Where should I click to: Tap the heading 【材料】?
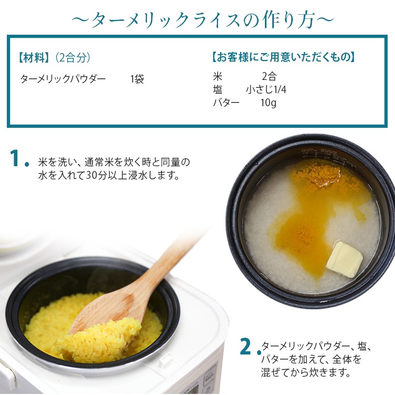pos(34,58)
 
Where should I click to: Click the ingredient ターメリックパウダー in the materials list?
pos(63,79)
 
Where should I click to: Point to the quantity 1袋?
pos(137,79)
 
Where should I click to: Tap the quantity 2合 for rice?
pos(269,76)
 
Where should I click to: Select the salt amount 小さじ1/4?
pos(266,89)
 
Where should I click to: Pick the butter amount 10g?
pos(269,103)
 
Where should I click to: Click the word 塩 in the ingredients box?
pos(218,89)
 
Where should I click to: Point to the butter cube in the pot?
pos(344,259)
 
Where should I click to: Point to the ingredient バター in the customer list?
pos(226,103)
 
